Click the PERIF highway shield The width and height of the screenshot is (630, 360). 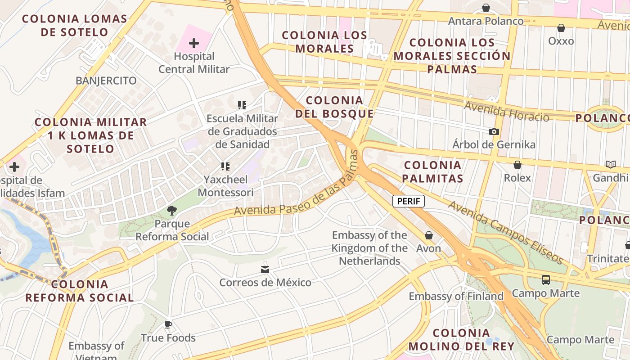pyautogui.click(x=409, y=201)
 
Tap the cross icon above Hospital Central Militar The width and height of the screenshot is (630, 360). pyautogui.click(x=194, y=43)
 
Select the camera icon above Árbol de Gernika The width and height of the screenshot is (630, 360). pyautogui.click(x=494, y=131)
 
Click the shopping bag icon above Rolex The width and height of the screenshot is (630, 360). pyautogui.click(x=517, y=165)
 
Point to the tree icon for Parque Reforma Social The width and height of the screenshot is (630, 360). pyautogui.click(x=171, y=210)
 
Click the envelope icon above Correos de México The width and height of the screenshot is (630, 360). pyautogui.click(x=265, y=269)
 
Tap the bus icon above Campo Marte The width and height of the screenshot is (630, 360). pyautogui.click(x=546, y=280)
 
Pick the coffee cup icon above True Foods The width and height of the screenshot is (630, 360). pyautogui.click(x=168, y=324)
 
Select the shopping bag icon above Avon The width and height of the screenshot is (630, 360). pyautogui.click(x=428, y=235)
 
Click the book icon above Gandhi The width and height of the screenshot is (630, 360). pyautogui.click(x=610, y=165)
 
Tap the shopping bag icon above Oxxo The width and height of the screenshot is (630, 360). pyautogui.click(x=561, y=28)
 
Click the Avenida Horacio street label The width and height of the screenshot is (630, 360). pyautogui.click(x=507, y=112)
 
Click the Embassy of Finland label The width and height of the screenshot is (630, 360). pyautogui.click(x=456, y=296)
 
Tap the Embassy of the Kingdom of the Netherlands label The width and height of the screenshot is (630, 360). pyautogui.click(x=369, y=248)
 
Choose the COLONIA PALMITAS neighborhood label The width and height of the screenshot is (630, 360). pyautogui.click(x=432, y=171)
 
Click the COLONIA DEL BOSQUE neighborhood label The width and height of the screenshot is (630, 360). pyautogui.click(x=334, y=107)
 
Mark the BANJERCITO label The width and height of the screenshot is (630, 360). pyautogui.click(x=106, y=81)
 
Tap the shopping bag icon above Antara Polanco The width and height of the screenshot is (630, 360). pyautogui.click(x=486, y=8)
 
